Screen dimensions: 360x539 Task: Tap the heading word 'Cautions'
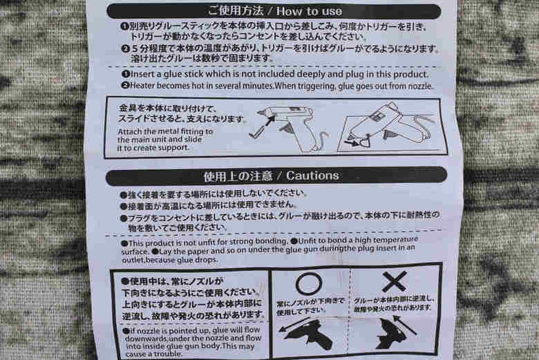(x=312, y=176)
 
